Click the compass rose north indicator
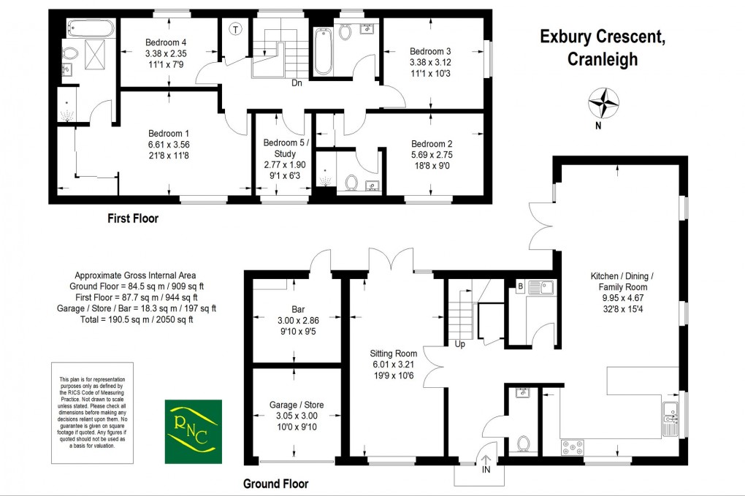(x=605, y=103)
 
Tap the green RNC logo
(x=191, y=431)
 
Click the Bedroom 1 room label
(x=169, y=144)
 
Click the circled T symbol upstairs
(x=235, y=30)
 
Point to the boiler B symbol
(x=519, y=286)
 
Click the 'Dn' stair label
(x=297, y=83)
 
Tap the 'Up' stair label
(x=459, y=343)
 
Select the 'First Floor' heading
(x=132, y=218)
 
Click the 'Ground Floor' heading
(x=275, y=484)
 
